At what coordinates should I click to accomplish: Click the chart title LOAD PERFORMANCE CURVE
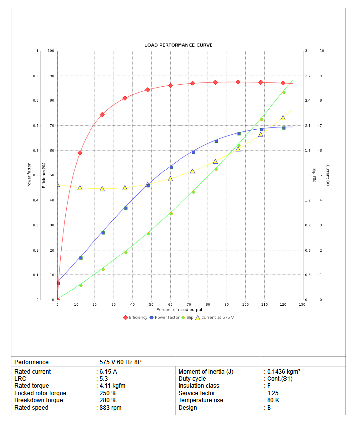(178, 45)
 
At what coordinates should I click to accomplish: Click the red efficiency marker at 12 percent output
(80, 153)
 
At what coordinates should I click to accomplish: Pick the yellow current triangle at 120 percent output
(283, 118)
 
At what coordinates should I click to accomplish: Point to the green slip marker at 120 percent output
(284, 92)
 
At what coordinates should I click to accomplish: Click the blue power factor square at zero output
(58, 283)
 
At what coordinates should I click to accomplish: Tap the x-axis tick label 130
(302, 304)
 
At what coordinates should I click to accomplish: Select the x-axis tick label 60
(170, 304)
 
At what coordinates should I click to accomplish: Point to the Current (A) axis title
(328, 175)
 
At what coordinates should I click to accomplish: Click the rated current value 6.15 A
(108, 372)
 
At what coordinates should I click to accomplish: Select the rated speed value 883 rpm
(110, 408)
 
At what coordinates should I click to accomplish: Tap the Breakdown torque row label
(39, 400)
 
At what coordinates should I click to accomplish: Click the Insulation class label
(199, 386)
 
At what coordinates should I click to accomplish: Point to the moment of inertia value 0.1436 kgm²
(283, 372)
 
